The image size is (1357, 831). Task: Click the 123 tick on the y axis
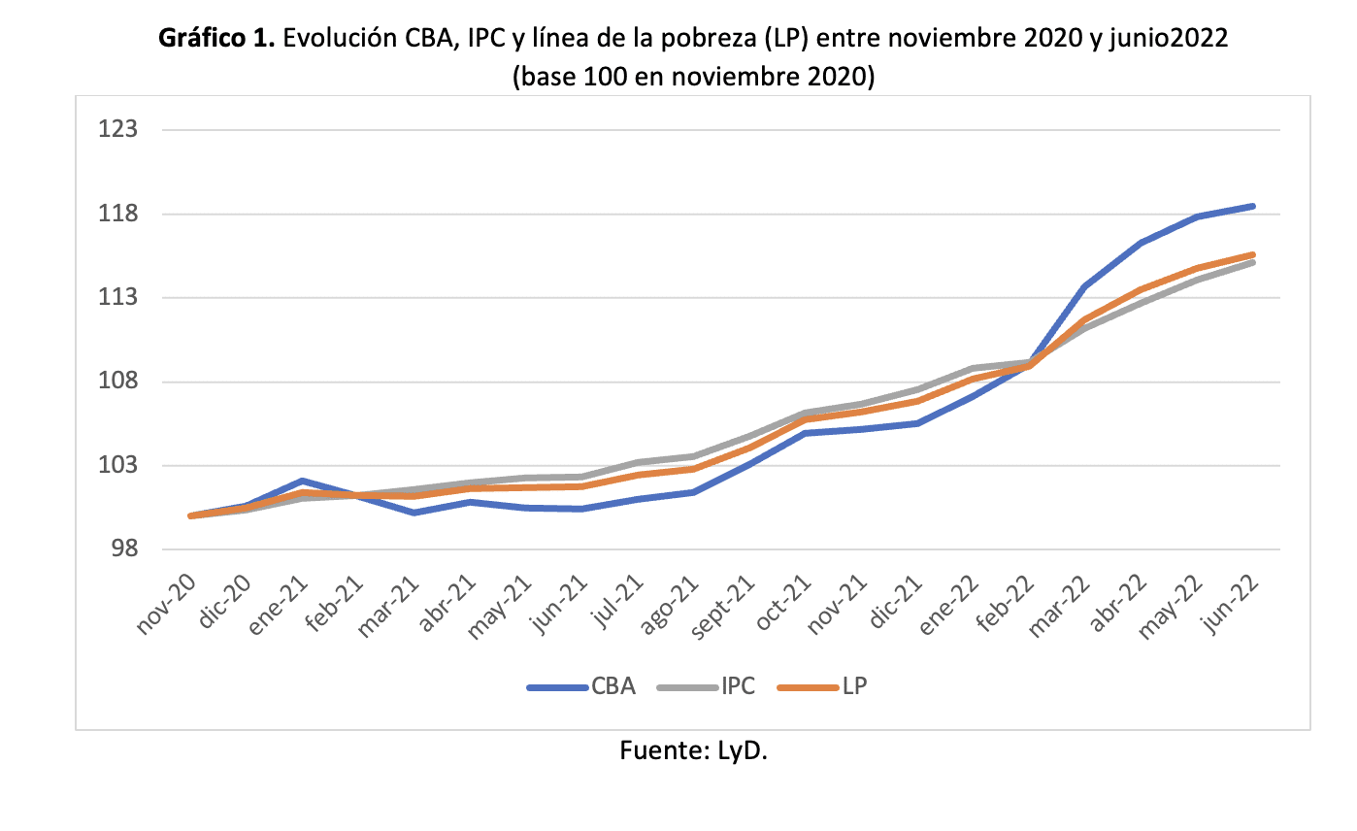coord(118,130)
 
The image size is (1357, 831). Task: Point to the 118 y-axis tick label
coord(118,214)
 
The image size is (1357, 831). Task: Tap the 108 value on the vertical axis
coord(118,382)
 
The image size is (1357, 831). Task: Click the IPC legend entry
coord(701,687)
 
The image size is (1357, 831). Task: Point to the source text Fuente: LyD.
coord(693,750)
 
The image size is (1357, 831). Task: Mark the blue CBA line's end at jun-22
coord(1253,206)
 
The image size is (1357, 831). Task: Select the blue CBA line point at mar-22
coord(1083,286)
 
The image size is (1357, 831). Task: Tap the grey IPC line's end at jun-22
coord(1253,262)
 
